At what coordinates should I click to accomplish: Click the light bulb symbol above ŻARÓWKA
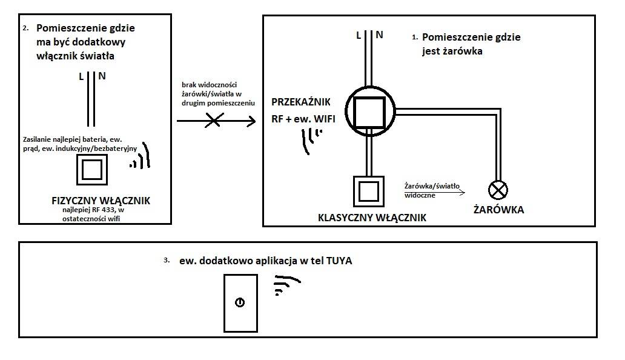click(498, 190)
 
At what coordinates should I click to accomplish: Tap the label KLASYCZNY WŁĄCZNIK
click(372, 218)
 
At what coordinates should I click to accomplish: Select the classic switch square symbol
click(369, 192)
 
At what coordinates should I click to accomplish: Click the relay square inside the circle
click(369, 112)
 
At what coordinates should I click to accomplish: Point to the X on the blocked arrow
click(214, 120)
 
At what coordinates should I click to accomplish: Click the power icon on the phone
click(240, 302)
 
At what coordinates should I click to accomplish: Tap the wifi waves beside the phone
click(286, 285)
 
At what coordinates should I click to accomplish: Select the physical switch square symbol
click(92, 170)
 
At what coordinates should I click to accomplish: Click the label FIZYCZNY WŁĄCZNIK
click(101, 201)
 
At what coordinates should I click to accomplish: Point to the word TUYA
click(339, 261)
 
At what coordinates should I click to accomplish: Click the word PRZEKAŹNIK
click(301, 102)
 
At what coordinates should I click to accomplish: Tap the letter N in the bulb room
click(380, 35)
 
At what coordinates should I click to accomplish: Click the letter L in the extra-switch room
click(81, 76)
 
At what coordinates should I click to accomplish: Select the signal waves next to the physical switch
click(141, 156)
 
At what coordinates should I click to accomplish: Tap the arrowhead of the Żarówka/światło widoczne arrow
click(462, 193)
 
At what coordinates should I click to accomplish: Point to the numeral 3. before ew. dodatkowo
click(167, 261)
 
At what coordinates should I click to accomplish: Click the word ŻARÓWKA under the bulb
click(498, 210)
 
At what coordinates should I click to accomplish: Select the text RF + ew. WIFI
click(303, 119)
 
